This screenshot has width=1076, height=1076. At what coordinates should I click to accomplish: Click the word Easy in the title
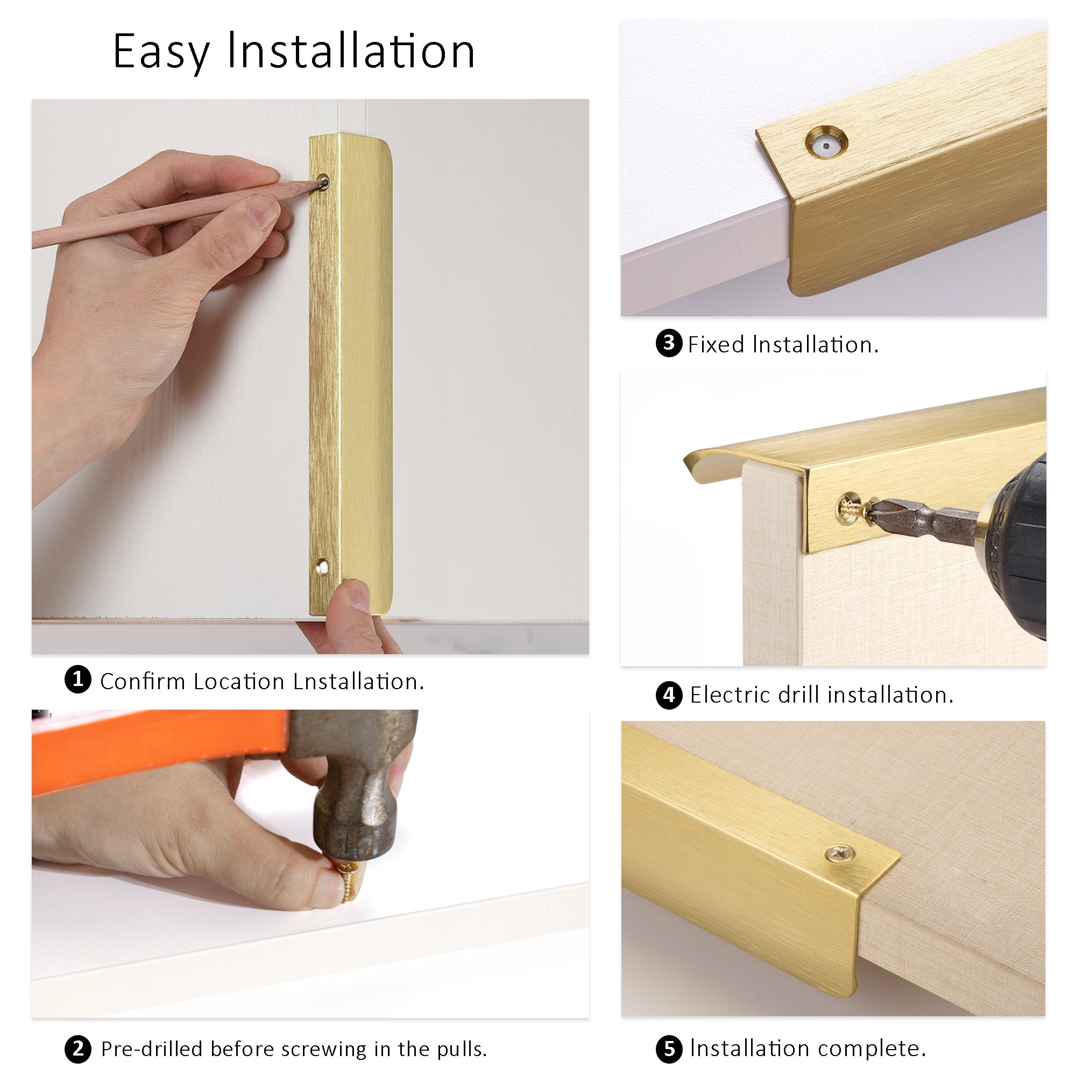tap(161, 52)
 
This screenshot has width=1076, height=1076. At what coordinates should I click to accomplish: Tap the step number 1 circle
tap(78, 679)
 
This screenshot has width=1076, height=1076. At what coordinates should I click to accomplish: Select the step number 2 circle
tap(78, 1049)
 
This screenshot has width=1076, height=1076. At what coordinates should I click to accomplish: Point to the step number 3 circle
tap(669, 343)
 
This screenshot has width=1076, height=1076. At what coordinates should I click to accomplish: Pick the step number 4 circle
tap(669, 695)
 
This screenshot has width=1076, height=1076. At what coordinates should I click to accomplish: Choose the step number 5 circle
tap(669, 1049)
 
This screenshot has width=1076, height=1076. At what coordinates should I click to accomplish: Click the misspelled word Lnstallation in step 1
tap(359, 682)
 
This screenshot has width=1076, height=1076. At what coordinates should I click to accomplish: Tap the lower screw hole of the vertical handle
tap(321, 567)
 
